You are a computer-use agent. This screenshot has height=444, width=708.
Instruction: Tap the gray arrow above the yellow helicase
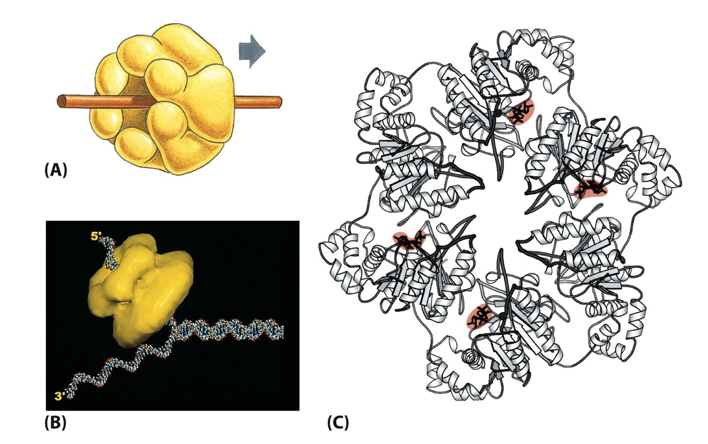click(x=252, y=51)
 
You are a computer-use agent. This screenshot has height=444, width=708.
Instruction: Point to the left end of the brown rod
click(x=61, y=102)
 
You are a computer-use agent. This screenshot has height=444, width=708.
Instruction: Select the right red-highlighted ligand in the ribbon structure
click(x=590, y=188)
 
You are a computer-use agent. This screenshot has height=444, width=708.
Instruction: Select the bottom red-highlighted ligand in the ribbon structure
click(x=480, y=316)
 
